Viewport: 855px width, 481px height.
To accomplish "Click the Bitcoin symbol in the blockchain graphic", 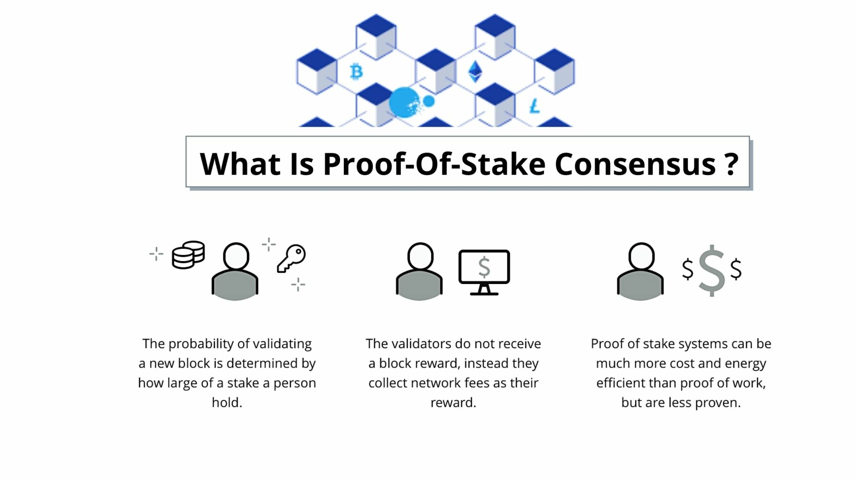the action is (x=356, y=72).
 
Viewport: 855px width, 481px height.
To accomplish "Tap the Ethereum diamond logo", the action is (x=475, y=72).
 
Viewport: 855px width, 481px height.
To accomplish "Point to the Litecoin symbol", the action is (x=535, y=106).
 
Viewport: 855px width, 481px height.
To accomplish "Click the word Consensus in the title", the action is (x=635, y=164).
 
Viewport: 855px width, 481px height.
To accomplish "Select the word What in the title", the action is (x=240, y=164).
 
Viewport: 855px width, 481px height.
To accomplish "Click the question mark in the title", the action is (x=732, y=164).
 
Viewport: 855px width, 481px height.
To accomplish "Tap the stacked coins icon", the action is (x=189, y=255).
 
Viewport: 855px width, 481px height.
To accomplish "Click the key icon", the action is (x=291, y=258).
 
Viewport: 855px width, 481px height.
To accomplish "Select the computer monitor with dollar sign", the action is (x=484, y=272).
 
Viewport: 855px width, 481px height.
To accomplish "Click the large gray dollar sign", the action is (x=712, y=270).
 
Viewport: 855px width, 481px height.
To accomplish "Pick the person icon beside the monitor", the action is (x=419, y=271).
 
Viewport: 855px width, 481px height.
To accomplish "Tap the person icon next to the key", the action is (x=235, y=271).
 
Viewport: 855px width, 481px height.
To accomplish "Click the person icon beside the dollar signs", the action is (x=640, y=271).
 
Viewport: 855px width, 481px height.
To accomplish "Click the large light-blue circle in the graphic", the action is (x=404, y=102).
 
